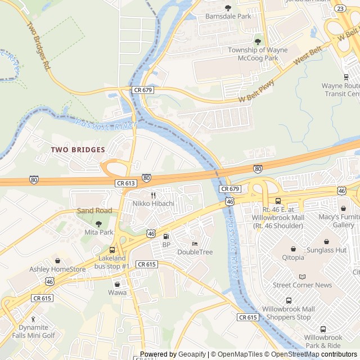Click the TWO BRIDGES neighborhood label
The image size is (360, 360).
(x=78, y=150)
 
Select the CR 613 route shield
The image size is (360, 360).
(x=126, y=183)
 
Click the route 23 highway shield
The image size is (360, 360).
(x=340, y=8)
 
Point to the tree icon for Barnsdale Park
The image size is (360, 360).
(x=228, y=8)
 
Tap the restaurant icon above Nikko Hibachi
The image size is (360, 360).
(x=153, y=195)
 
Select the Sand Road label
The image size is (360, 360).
(x=94, y=211)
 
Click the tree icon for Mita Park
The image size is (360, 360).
(x=99, y=224)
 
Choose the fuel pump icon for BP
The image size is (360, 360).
(x=166, y=236)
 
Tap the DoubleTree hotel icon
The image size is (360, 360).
(x=195, y=244)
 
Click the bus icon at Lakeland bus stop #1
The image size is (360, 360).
(x=112, y=250)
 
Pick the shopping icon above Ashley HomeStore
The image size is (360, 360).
(x=57, y=260)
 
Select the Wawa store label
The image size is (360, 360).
(x=118, y=292)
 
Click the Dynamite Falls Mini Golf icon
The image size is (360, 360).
(x=33, y=319)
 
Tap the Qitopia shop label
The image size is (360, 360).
(x=292, y=258)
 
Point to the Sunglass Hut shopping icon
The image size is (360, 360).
(x=326, y=241)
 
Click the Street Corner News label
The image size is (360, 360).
(x=302, y=285)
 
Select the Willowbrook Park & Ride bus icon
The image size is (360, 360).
(x=323, y=329)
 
